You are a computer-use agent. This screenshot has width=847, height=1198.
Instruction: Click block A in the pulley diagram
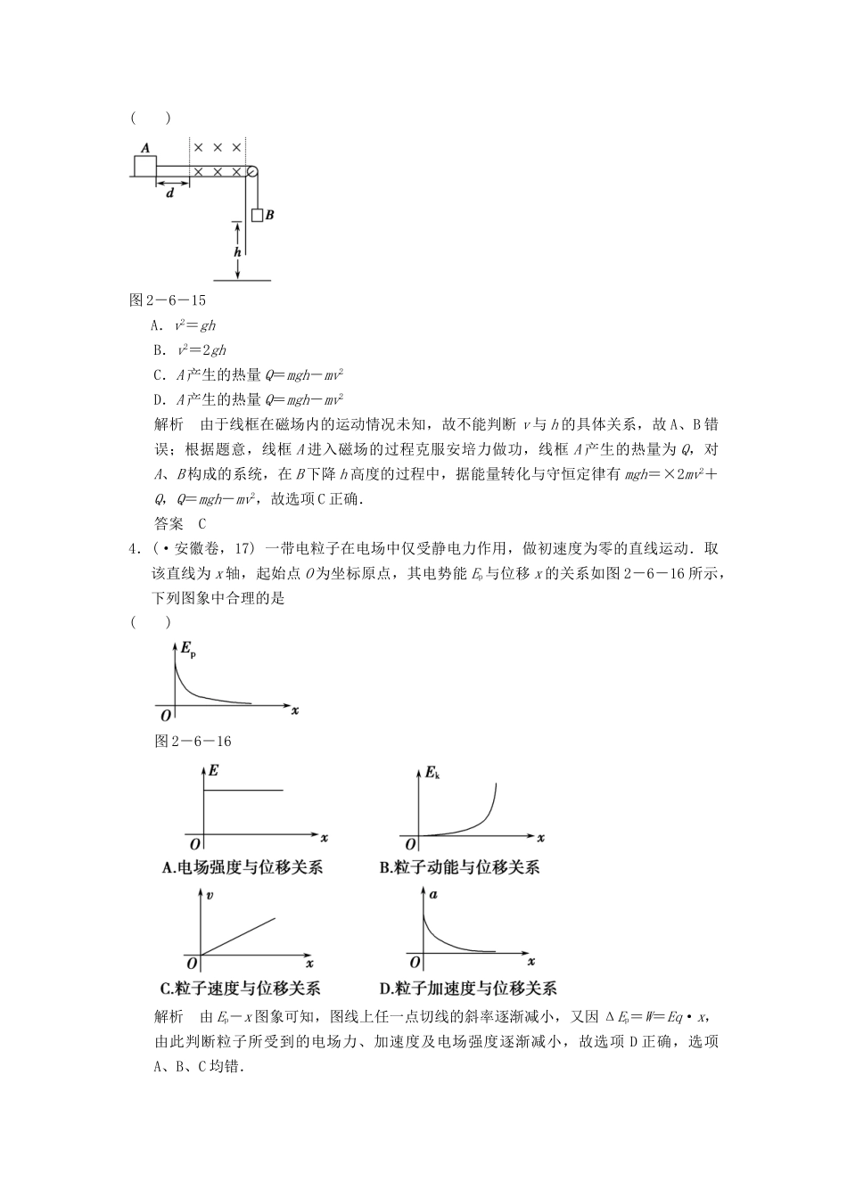click(144, 165)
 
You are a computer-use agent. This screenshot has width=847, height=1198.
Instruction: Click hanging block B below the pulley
click(258, 215)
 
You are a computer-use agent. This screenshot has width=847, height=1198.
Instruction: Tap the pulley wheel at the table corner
click(251, 171)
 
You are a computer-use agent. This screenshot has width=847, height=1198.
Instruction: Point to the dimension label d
click(170, 193)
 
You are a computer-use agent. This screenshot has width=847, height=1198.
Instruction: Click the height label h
click(237, 252)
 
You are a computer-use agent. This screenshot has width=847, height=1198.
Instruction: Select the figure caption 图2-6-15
click(168, 300)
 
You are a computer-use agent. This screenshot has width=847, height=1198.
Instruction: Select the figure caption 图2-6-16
click(193, 741)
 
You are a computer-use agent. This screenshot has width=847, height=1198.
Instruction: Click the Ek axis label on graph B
click(432, 772)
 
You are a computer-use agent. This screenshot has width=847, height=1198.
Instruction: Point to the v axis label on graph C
click(209, 897)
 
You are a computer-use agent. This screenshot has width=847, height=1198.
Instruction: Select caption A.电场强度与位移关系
click(243, 866)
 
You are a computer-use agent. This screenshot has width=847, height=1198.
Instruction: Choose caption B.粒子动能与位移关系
click(459, 866)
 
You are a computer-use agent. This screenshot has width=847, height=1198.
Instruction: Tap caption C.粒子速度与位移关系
click(240, 988)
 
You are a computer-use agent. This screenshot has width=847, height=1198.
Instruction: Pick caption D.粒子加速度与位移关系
click(468, 988)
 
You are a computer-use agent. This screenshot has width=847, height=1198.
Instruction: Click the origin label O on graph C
click(192, 964)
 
